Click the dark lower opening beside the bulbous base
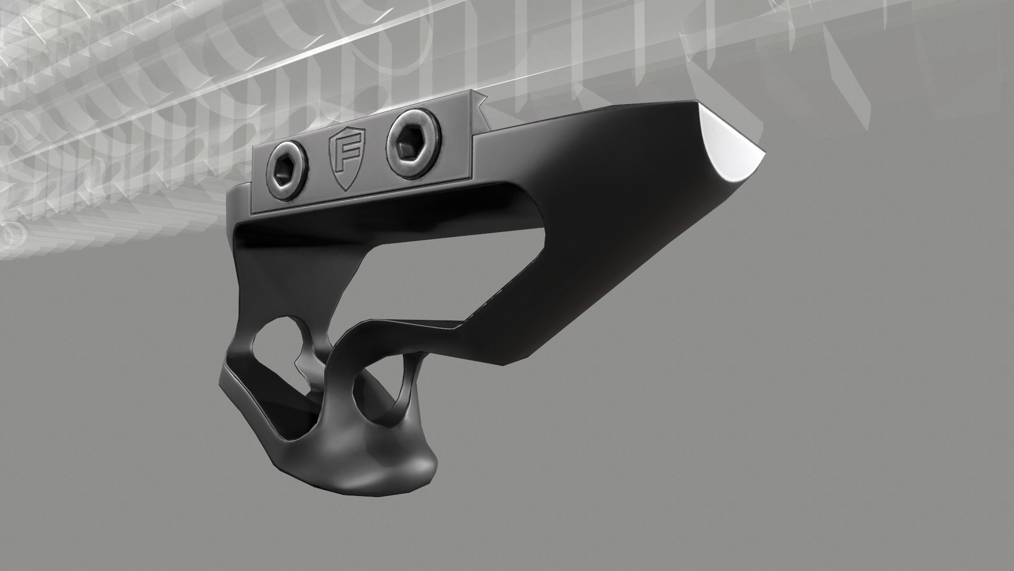coord(304,418)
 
